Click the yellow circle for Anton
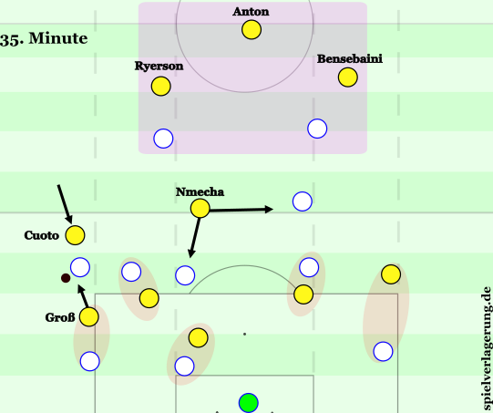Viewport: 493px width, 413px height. [252, 30]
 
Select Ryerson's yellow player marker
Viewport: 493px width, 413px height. [161, 87]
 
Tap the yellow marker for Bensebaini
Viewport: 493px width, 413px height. [348, 77]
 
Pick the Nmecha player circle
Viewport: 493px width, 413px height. [200, 208]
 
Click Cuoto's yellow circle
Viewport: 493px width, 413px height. [75, 235]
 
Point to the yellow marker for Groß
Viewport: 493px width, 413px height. [89, 316]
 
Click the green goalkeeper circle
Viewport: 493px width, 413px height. [249, 403]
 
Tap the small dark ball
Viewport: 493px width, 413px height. [66, 278]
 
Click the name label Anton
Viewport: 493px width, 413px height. [251, 12]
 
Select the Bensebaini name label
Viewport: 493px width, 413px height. [350, 59]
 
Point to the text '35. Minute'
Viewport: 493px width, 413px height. [44, 38]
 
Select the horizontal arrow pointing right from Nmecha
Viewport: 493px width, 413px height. [241, 210]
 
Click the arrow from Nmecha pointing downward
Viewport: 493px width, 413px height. [194, 238]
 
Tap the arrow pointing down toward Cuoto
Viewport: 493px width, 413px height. [65, 204]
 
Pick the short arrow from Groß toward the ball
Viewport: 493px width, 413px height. [82, 296]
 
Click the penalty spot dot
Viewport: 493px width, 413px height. [244, 334]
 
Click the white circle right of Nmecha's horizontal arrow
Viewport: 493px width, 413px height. [303, 201]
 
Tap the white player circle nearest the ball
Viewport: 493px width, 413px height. [80, 267]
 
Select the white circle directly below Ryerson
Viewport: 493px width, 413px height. [163, 139]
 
